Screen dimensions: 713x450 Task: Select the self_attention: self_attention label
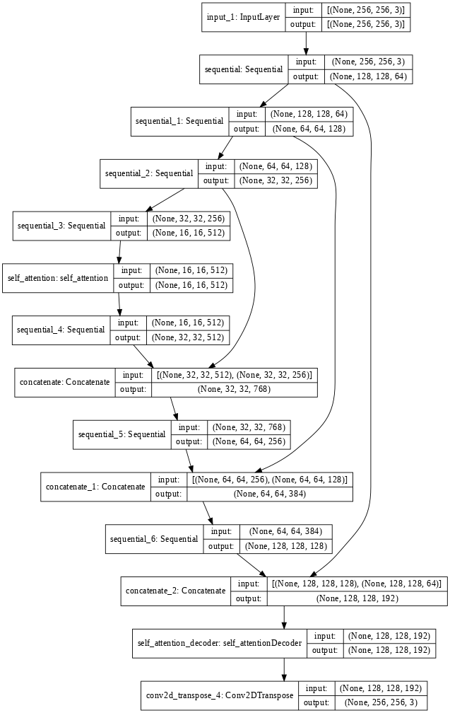(59, 278)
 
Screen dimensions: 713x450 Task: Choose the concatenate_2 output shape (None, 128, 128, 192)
(357, 598)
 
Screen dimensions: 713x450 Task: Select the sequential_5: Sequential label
(122, 434)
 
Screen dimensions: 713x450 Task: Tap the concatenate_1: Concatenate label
(95, 487)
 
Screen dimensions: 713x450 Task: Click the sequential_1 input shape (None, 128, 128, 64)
(309, 114)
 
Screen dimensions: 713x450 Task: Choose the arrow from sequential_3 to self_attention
(119, 252)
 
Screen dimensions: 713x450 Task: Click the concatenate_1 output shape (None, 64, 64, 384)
(270, 493)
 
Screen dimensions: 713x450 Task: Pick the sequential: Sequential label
(244, 69)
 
